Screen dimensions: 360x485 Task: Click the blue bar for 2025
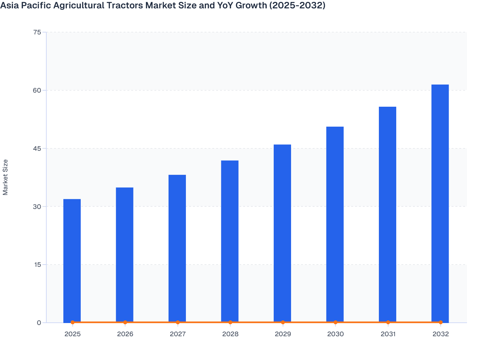(72, 260)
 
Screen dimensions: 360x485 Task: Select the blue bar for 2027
(177, 248)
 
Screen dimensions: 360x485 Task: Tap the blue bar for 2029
(282, 233)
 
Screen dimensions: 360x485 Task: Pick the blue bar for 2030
(335, 224)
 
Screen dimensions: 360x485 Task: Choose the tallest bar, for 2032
(440, 203)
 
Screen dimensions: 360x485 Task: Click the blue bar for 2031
(388, 214)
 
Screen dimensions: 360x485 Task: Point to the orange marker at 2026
(125, 322)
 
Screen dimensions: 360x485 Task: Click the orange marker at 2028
(230, 322)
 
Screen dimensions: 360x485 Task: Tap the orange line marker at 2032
(441, 322)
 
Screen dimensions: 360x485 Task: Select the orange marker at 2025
(72, 322)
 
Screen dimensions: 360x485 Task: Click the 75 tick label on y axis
(37, 32)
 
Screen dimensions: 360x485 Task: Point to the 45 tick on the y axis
(37, 148)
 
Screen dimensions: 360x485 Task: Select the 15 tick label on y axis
(37, 265)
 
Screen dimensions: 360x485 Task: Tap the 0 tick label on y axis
(39, 323)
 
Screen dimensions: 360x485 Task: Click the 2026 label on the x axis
(125, 334)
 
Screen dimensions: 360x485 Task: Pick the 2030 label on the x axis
(335, 334)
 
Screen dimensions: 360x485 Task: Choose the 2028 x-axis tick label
(230, 334)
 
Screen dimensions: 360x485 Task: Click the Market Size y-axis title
(5, 177)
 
